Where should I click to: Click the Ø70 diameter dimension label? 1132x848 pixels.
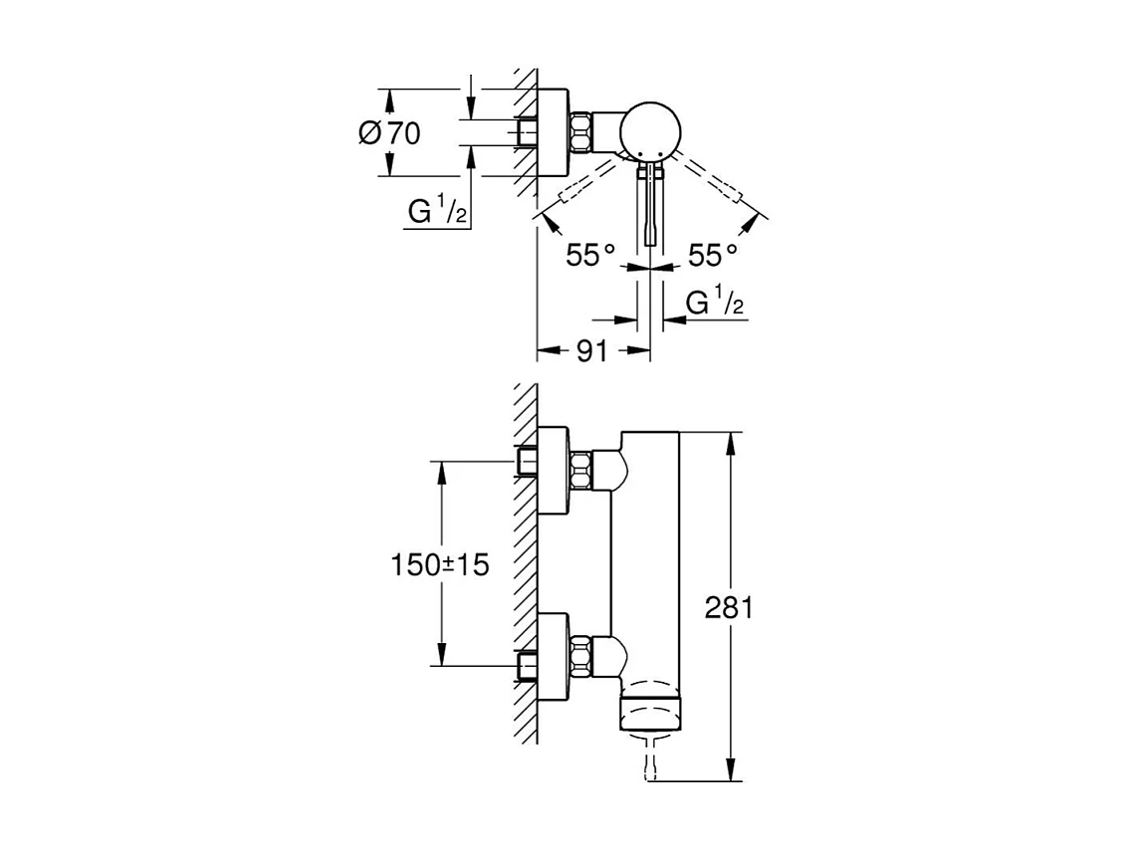[x=388, y=132]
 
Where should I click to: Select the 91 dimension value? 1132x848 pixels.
[x=591, y=351]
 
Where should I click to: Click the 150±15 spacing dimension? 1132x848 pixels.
[x=439, y=564]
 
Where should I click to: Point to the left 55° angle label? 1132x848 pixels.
[x=589, y=256]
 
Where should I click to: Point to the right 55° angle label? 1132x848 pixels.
[x=714, y=256]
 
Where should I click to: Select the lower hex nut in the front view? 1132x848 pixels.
[x=584, y=654]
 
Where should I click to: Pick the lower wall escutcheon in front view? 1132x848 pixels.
[x=554, y=655]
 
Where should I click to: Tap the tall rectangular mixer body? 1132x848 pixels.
[x=647, y=557]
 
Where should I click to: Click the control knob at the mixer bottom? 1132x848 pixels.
[x=650, y=713]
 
